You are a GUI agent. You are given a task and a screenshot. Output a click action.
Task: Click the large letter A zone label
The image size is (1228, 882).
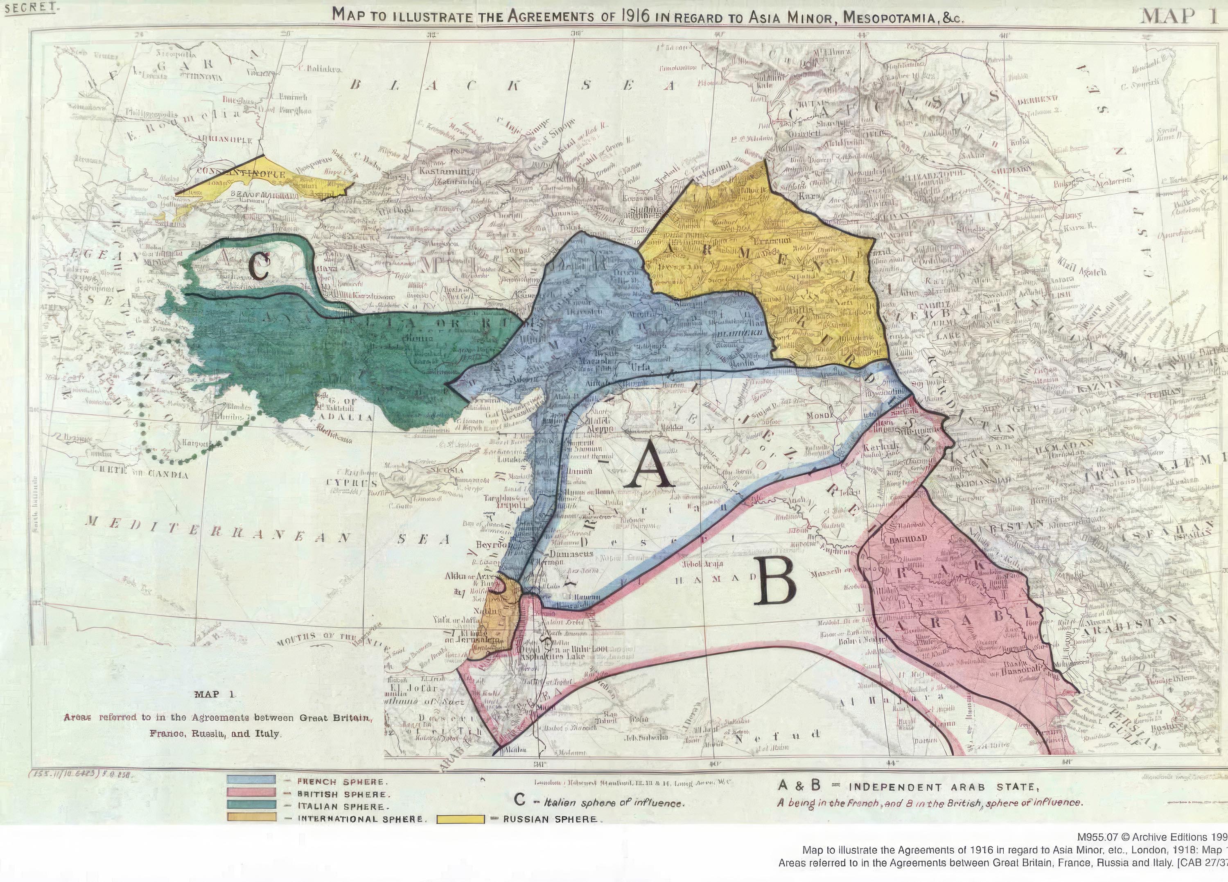pyautogui.click(x=648, y=469)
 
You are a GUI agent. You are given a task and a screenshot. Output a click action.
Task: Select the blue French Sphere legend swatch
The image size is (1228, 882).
pyautogui.click(x=252, y=781)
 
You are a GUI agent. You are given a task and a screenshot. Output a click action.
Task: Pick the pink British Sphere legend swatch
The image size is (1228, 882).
pyautogui.click(x=252, y=793)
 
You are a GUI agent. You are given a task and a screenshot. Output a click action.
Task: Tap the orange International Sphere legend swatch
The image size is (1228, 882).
pyautogui.click(x=252, y=818)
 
